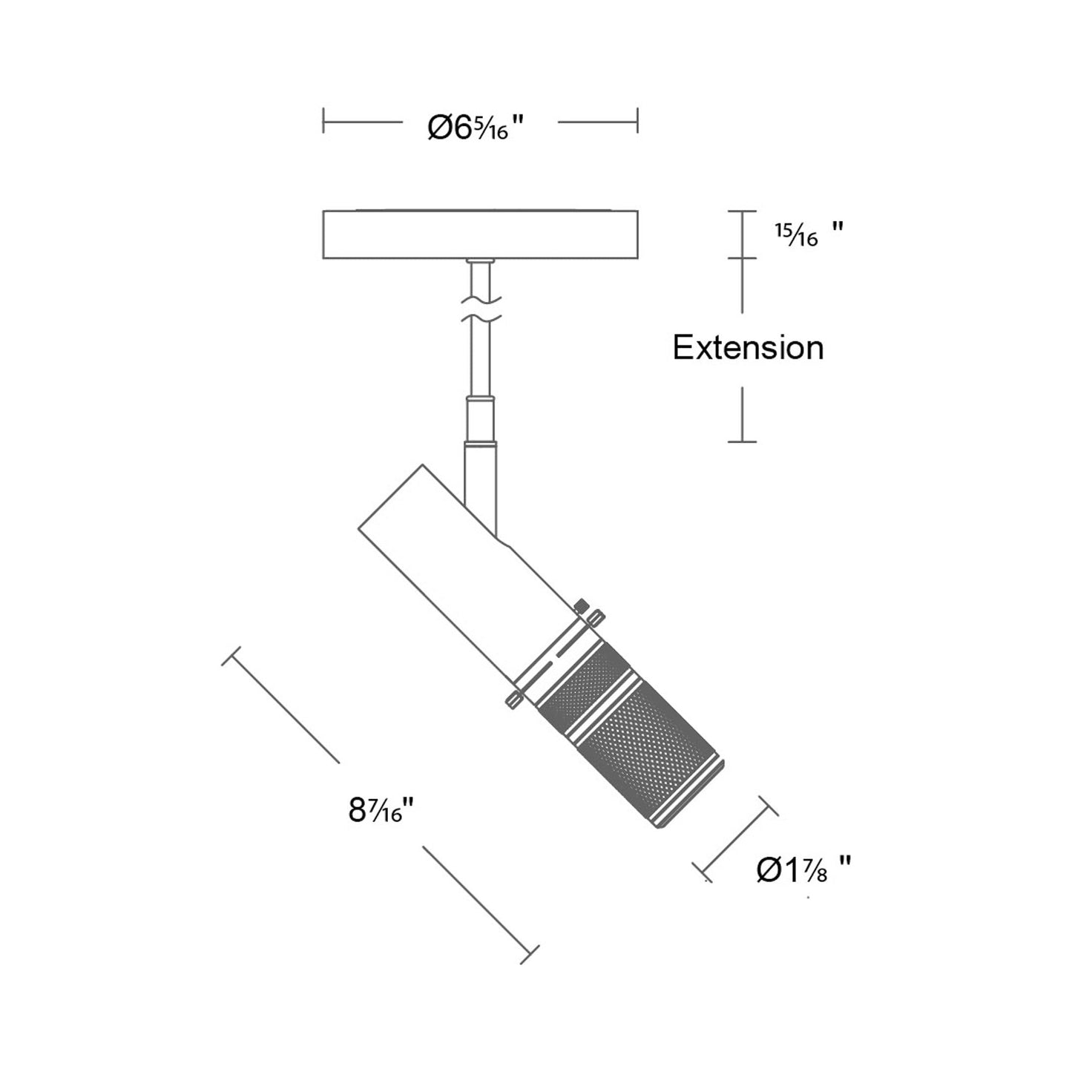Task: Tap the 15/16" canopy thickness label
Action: click(x=807, y=235)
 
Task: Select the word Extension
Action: click(x=748, y=347)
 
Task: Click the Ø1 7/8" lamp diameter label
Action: click(x=803, y=869)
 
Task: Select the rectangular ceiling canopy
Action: click(x=480, y=235)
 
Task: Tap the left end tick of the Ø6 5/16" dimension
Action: click(x=323, y=121)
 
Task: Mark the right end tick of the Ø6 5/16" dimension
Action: click(x=637, y=121)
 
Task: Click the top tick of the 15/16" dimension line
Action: click(x=742, y=212)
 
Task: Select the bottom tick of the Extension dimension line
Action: click(x=742, y=442)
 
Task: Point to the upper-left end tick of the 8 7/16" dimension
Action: click(x=232, y=656)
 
